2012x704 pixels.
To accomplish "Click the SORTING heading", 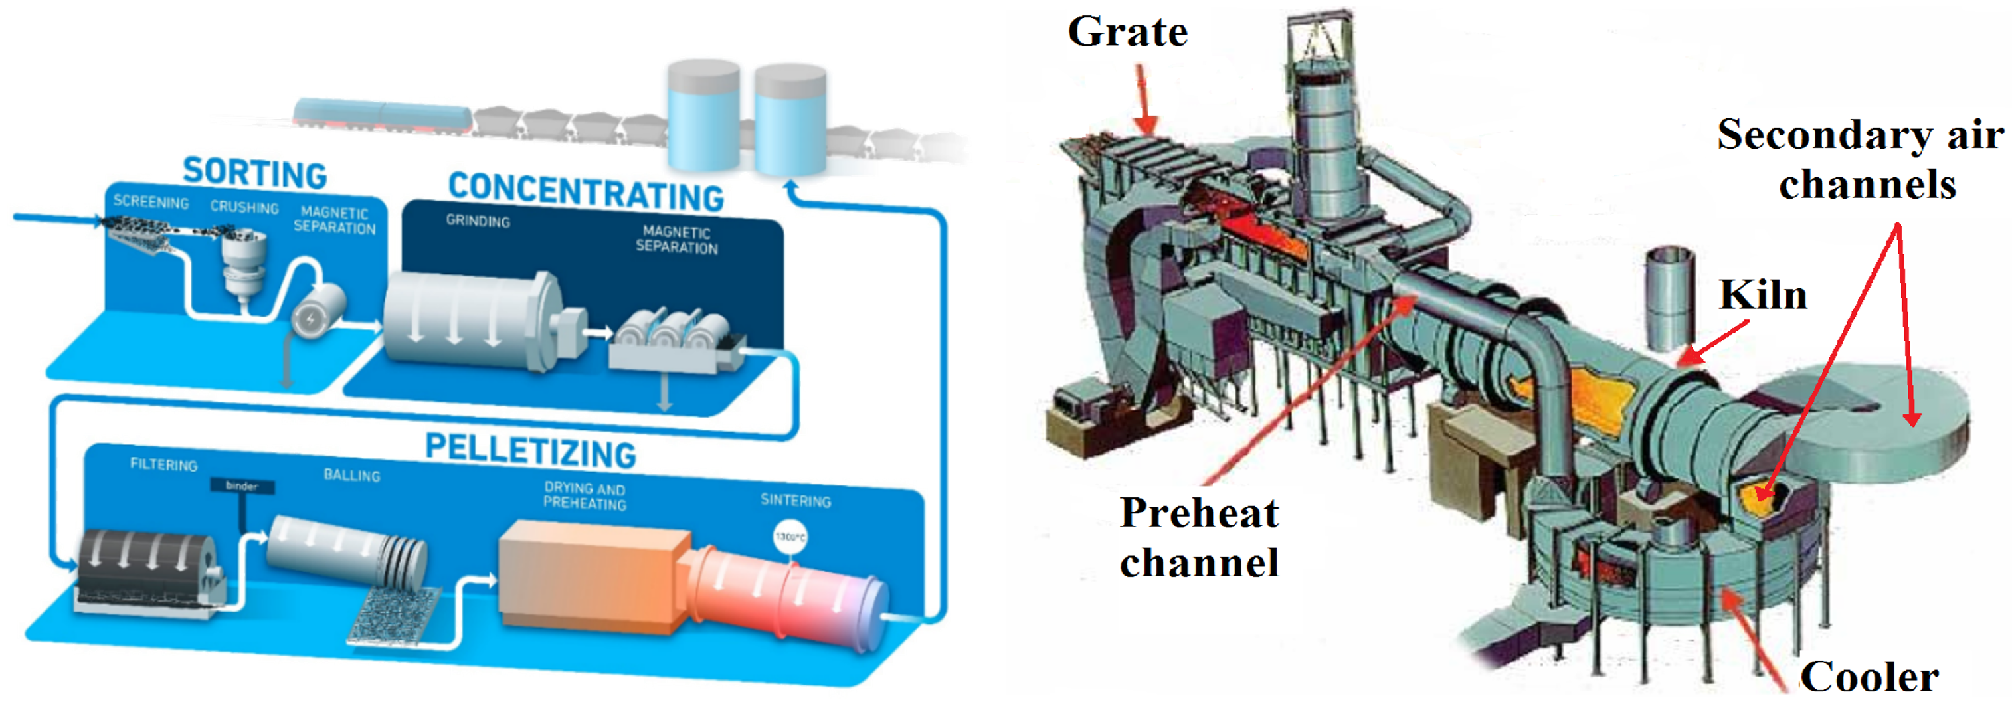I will click(254, 173).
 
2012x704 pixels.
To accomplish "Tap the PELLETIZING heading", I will click(530, 451).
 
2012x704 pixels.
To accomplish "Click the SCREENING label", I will click(151, 202).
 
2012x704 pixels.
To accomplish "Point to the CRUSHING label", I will click(244, 207).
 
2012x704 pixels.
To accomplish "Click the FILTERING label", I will click(163, 464).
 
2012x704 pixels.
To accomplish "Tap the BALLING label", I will click(351, 475).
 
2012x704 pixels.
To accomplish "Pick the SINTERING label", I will click(795, 500).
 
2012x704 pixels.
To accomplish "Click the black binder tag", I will click(241, 486).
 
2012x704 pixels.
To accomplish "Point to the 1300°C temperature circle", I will click(790, 537).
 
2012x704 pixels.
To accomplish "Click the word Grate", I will click(1127, 33).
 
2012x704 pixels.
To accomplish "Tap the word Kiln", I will click(1763, 296).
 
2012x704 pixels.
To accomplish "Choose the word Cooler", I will click(1869, 677).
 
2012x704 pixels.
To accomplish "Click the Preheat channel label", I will click(1199, 537).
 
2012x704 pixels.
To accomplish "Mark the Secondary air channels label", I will click(1860, 159).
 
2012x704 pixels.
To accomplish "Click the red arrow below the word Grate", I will click(1145, 100).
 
